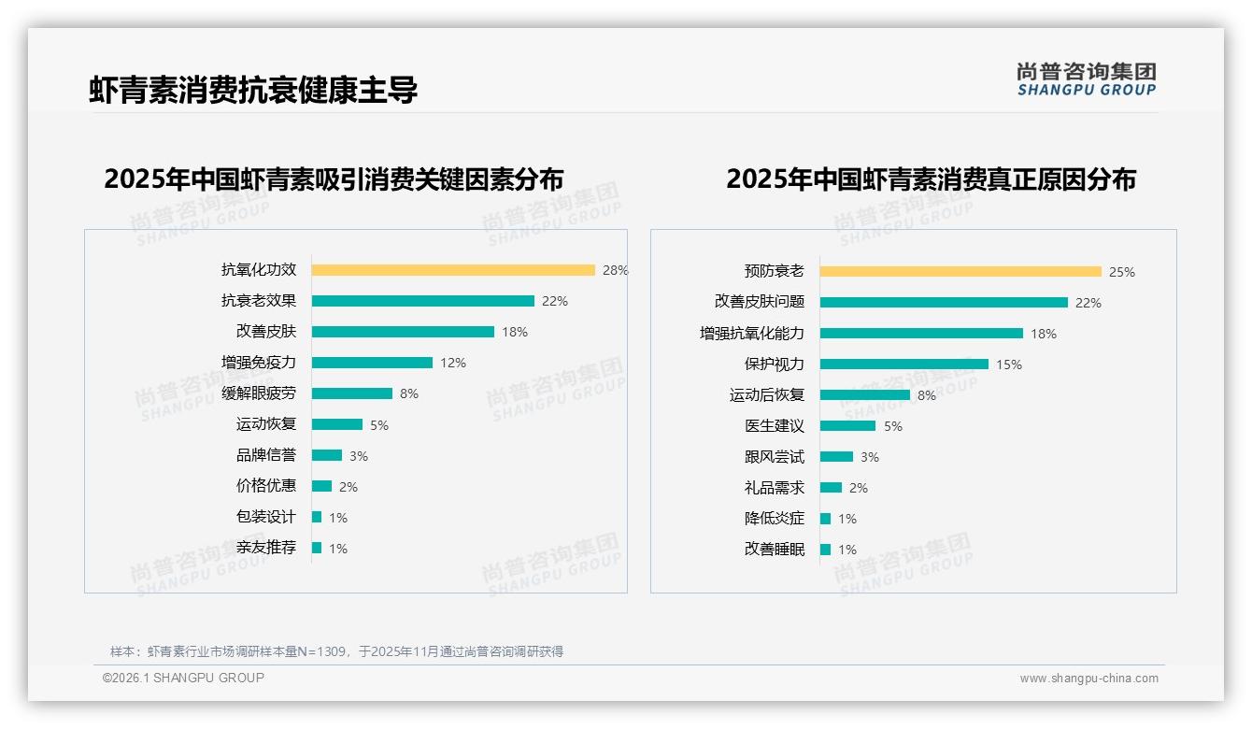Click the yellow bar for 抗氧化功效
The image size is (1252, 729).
[x=453, y=270]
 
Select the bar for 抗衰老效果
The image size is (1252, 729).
[x=422, y=301]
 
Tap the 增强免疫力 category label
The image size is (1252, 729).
[x=259, y=363]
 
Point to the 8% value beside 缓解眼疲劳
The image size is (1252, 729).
[x=409, y=393]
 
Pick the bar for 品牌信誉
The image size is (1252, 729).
[x=327, y=455]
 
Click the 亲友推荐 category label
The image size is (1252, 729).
[x=266, y=548]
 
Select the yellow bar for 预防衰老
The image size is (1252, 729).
[x=960, y=272]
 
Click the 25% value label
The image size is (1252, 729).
[x=1121, y=272]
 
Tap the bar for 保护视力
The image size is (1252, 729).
[x=903, y=364]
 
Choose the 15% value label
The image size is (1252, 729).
[x=1008, y=364]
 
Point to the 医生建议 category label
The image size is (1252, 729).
[x=775, y=426]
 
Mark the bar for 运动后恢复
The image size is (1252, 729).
[x=864, y=395]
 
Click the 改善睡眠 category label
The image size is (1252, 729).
[x=775, y=550]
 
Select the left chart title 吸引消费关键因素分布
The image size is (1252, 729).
[x=334, y=179]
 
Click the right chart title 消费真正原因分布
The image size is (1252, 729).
[x=931, y=179]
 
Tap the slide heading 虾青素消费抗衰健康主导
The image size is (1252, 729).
[x=253, y=90]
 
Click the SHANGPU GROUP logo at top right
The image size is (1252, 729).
[x=1086, y=79]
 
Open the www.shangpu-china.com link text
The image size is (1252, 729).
[x=1088, y=679]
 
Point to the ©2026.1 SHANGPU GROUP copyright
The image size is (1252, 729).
[x=183, y=678]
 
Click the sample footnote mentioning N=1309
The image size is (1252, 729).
[x=336, y=651]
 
